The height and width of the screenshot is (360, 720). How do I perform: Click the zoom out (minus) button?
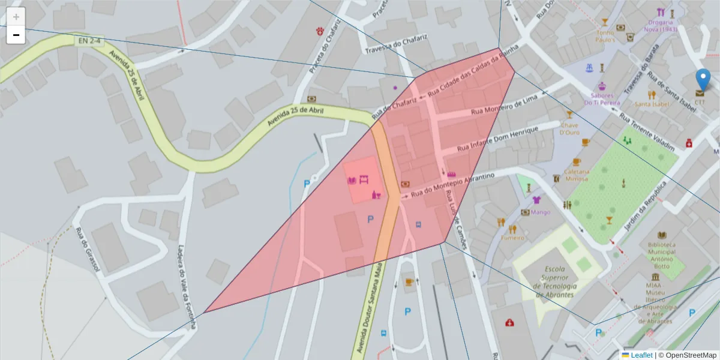coord(16,35)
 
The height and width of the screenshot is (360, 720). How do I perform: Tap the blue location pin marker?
coord(703,80)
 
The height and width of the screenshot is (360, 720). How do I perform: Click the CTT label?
coord(700,102)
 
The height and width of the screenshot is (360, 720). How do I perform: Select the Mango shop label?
coord(540,212)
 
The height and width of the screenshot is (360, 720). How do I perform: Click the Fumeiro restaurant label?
coord(513,238)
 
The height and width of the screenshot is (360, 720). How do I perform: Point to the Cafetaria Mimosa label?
coord(577,175)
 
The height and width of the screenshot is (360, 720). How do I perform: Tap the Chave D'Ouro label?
coord(569,128)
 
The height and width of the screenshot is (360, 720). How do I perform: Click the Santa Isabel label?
coord(652,104)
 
